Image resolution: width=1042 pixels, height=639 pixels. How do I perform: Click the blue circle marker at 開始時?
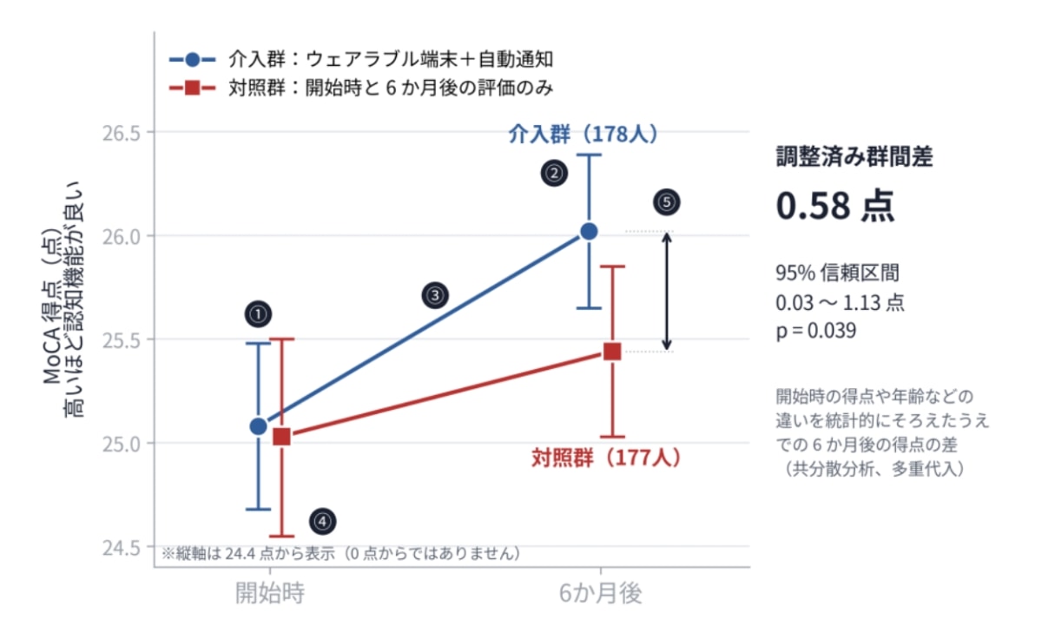[x=258, y=426]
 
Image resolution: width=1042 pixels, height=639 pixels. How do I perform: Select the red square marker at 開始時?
[x=281, y=437]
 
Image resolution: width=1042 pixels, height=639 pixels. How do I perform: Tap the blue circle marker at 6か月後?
[x=589, y=231]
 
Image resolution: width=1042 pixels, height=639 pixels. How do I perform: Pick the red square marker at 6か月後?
[x=612, y=352]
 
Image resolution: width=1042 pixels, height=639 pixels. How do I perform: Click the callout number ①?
[x=258, y=314]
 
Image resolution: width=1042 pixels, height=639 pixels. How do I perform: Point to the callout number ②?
[x=554, y=174]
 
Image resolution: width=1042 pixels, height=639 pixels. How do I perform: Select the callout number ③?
[x=435, y=295]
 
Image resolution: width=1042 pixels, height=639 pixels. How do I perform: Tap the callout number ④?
[x=323, y=521]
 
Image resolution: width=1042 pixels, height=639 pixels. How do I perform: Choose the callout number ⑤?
[x=667, y=202]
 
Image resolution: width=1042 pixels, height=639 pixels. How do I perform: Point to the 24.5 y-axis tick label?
[x=122, y=548]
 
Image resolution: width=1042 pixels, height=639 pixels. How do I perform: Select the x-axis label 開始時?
[x=270, y=593]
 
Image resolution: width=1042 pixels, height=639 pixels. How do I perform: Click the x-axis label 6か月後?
[x=601, y=593]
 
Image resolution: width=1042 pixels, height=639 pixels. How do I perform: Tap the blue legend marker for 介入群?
[x=193, y=60]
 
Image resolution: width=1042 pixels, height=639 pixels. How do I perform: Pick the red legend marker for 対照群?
[x=193, y=88]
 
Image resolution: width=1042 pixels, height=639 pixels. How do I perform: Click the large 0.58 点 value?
[x=835, y=206]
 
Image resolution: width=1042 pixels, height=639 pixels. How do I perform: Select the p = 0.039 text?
[x=816, y=331]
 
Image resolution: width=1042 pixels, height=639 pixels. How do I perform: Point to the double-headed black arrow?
[x=667, y=291]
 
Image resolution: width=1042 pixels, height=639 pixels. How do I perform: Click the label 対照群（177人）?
[x=606, y=458]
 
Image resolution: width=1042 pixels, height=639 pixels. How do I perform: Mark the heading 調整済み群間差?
[x=854, y=156]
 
